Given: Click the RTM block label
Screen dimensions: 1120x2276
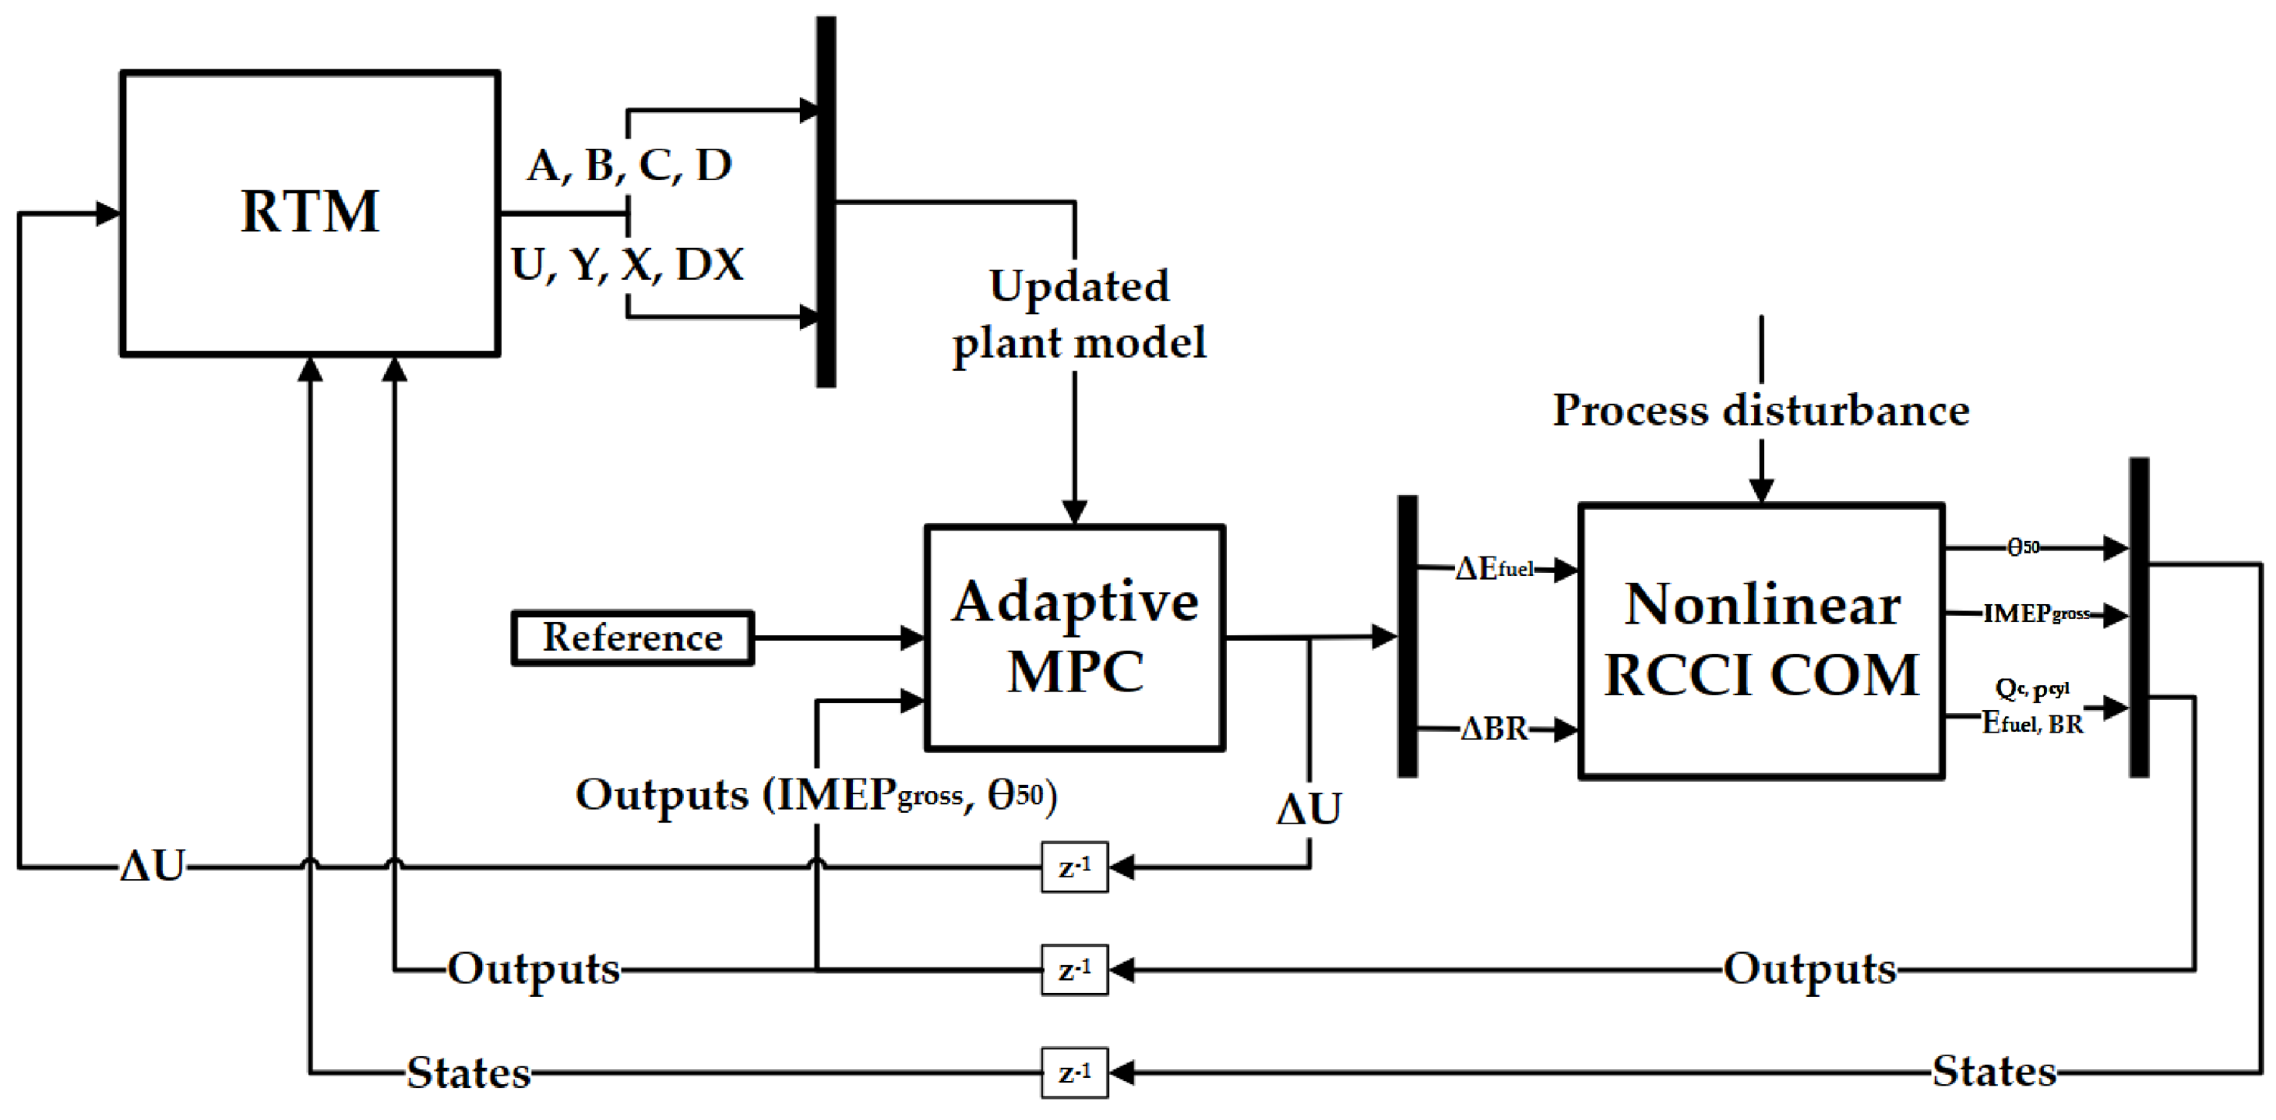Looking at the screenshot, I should coord(310,212).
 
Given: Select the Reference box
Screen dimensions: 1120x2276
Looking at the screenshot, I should coord(632,638).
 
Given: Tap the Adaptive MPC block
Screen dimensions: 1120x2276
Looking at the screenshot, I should coord(1074,638).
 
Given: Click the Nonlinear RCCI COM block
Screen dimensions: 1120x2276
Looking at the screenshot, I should coord(1761,641).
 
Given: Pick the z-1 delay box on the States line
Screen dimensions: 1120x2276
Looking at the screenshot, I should coord(1073,1072).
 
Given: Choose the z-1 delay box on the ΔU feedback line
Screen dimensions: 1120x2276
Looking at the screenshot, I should coord(1073,867).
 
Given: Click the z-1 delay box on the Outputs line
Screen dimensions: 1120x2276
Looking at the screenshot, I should coord(1073,970).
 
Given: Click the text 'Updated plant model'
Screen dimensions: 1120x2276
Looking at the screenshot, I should coord(1078,314).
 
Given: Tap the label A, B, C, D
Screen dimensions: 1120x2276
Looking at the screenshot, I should coord(630,165).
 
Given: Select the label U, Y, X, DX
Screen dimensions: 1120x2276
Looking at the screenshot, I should coord(627,264).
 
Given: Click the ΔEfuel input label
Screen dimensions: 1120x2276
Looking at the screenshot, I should coord(1494,568).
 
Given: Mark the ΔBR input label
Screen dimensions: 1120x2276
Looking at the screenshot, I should coord(1494,730).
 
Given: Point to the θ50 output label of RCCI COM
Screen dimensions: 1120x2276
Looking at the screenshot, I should coord(2024,547).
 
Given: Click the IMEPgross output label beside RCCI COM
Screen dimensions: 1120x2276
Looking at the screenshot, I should coord(2035,613).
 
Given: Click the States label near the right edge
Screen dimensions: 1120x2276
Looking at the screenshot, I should coord(1993,1072).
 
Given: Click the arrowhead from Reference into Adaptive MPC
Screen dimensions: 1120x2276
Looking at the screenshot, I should coord(913,638).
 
